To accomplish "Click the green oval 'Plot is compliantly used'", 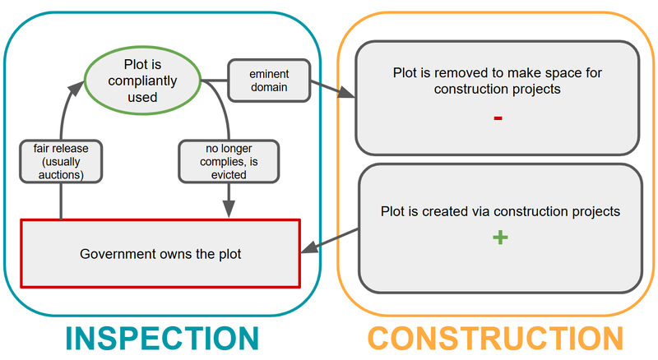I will click(141, 81).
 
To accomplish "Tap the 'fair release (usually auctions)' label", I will click(61, 160).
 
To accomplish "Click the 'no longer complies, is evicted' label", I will click(229, 160).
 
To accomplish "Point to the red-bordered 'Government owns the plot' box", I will click(160, 253).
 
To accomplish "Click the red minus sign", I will click(498, 118).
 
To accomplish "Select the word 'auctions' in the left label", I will click(61, 173).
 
